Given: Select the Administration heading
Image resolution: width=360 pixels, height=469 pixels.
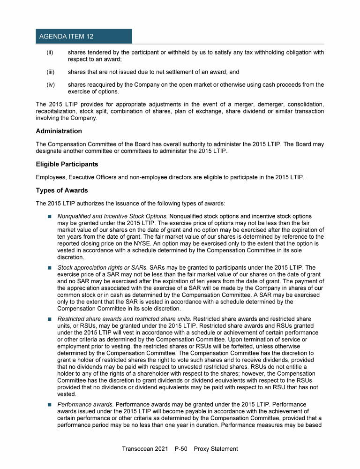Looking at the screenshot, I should (x=59, y=131).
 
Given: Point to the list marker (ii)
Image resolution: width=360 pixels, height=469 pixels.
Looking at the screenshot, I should (x=49, y=53).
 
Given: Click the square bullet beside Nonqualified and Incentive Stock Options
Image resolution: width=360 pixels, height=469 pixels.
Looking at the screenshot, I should (x=49, y=217).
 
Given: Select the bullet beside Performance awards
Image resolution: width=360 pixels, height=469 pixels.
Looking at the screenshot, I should (x=49, y=404).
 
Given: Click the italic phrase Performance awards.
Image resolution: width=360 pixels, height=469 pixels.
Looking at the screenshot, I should (x=85, y=404).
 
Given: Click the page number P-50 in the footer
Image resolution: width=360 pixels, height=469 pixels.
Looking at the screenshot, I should (x=180, y=449).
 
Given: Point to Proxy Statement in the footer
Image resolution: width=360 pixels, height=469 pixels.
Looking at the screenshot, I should (x=217, y=449).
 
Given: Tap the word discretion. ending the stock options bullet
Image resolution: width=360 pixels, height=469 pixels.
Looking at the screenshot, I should (x=71, y=257).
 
